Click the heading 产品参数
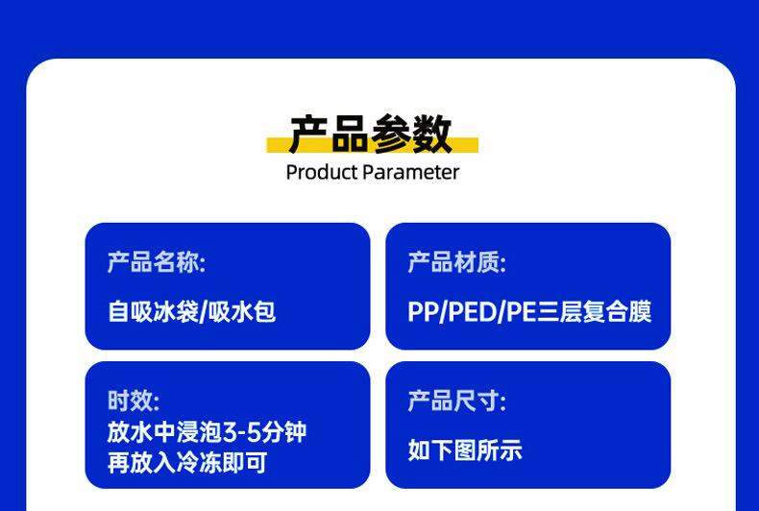coord(370,134)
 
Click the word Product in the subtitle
coord(322,172)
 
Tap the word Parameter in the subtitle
coord(411,172)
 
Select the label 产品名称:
coord(157,262)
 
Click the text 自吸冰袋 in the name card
coord(153,311)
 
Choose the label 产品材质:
coord(457,262)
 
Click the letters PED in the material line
coord(473,311)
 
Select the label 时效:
coord(134,401)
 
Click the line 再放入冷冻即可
coord(187,463)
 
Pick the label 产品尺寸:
coord(457,401)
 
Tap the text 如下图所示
coord(465,450)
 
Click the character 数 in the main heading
coord(431,134)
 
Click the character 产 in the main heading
coord(308,134)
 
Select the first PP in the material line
coord(423,311)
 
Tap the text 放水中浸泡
coord(164,431)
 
